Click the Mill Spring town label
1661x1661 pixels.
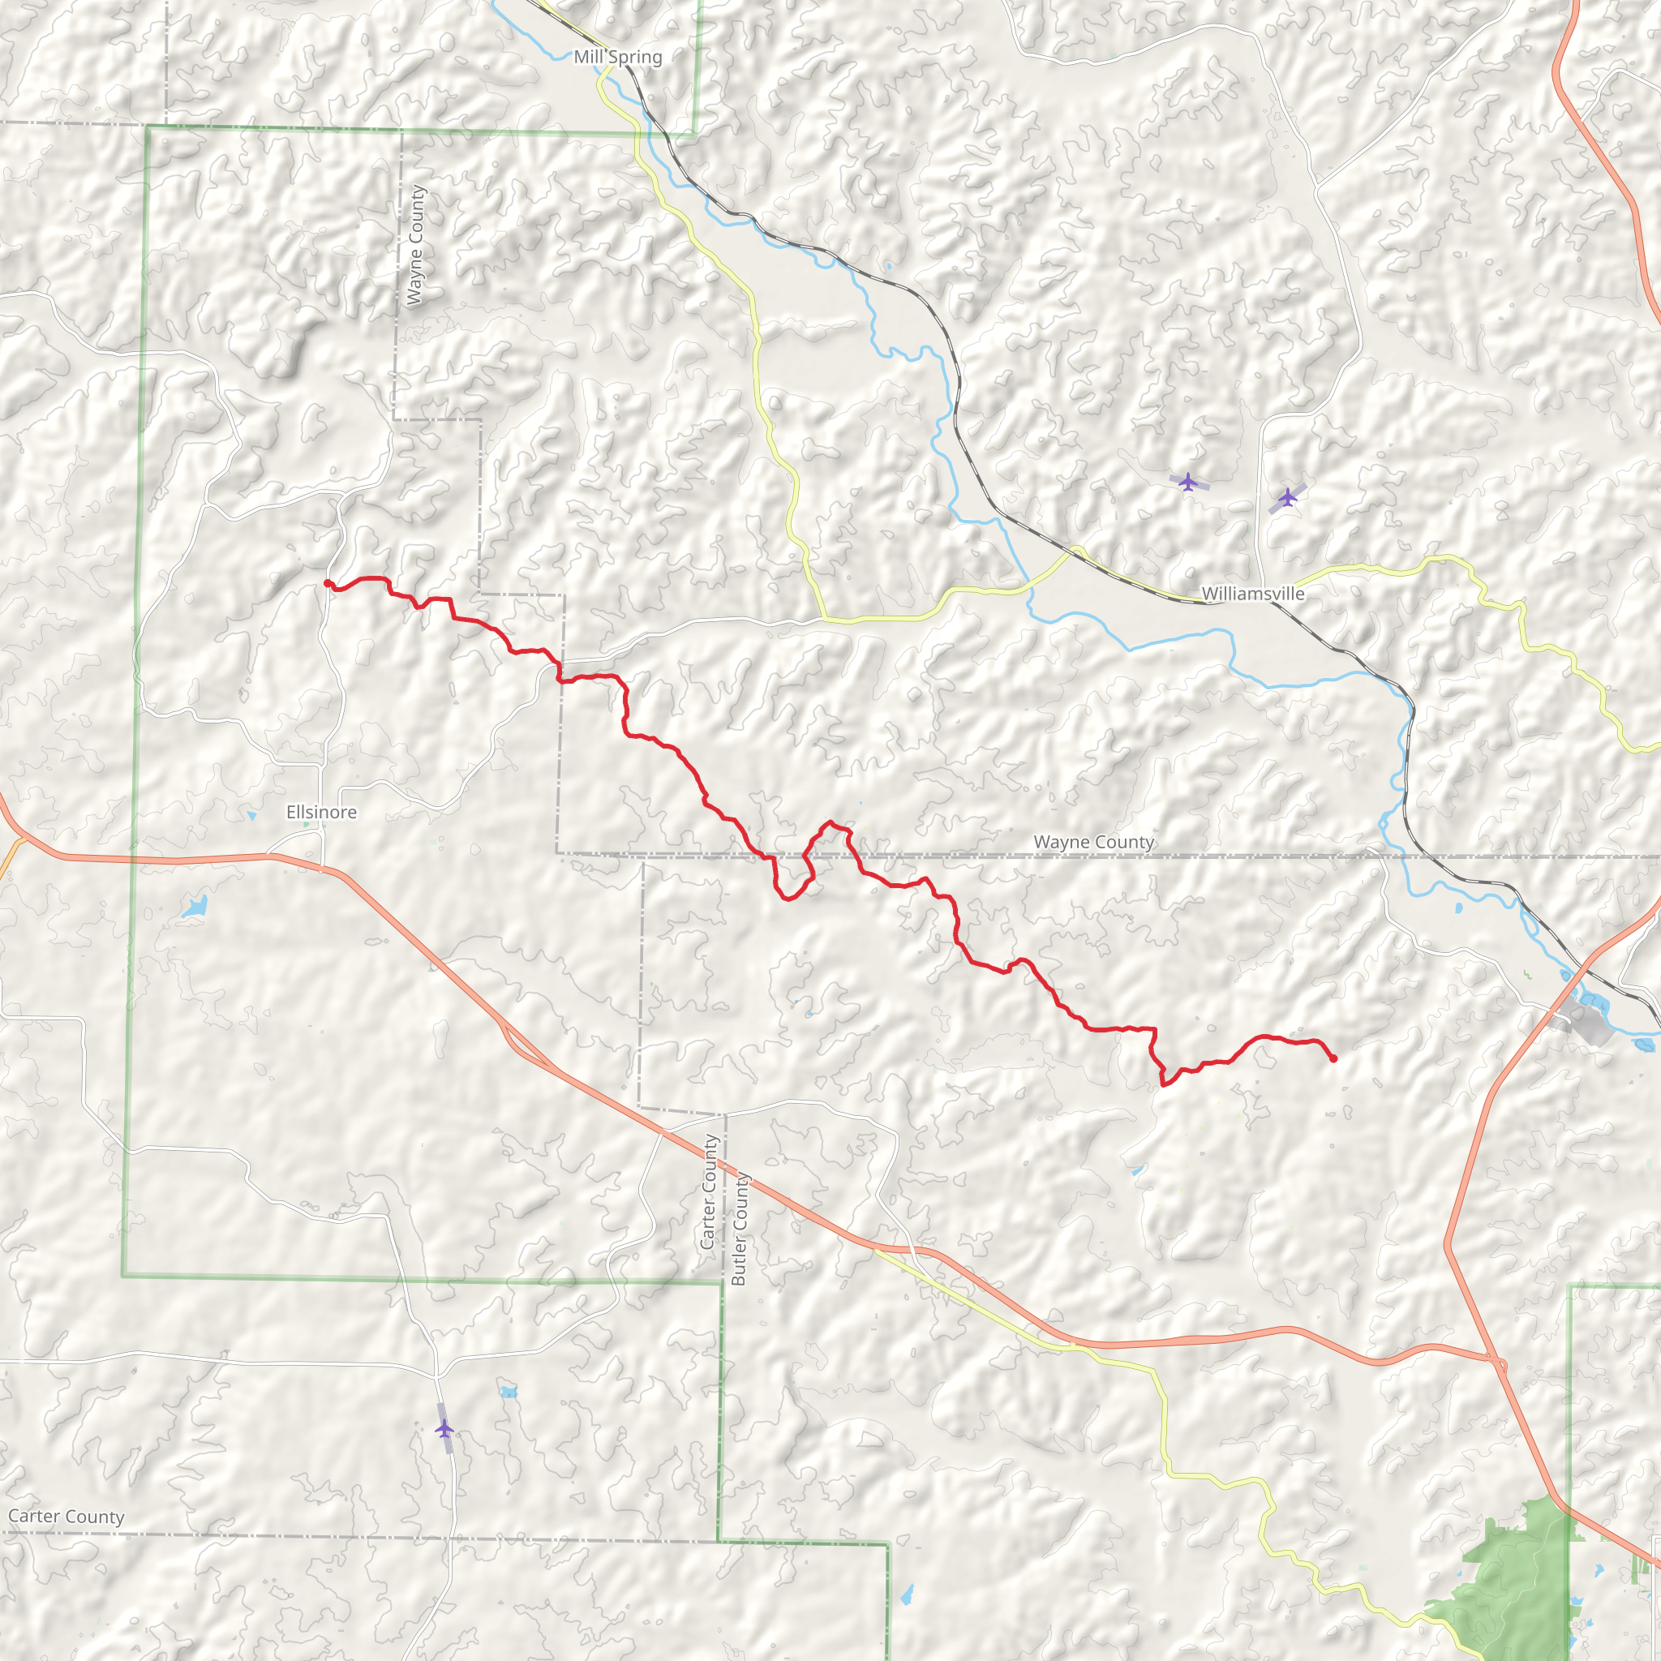tap(617, 58)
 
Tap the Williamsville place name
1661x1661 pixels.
tap(1252, 593)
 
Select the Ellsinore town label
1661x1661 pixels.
tap(321, 812)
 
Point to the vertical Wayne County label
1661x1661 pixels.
tap(415, 245)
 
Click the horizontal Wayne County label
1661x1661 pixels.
tap(1093, 842)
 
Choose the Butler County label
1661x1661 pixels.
tap(739, 1230)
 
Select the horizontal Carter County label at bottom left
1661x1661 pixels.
tap(67, 1517)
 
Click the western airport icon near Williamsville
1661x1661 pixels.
tap(1188, 482)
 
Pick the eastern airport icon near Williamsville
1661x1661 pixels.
tap(1287, 497)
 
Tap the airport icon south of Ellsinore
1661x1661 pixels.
tap(444, 1429)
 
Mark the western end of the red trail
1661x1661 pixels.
tap(328, 584)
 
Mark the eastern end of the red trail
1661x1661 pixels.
tap(1333, 1059)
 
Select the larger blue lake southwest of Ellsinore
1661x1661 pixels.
tap(195, 906)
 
